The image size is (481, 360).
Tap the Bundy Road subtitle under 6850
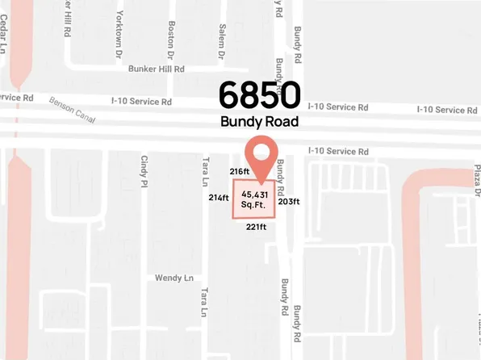[x=259, y=122]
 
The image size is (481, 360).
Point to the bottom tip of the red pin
[x=261, y=180]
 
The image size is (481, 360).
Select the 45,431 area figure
[x=255, y=195]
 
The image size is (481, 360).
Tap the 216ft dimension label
[x=240, y=171]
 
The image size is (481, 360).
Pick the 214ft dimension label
[x=219, y=198]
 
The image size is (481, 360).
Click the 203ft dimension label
[x=289, y=202]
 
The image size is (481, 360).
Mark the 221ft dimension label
[x=256, y=228]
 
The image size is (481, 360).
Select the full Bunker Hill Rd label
[x=151, y=69]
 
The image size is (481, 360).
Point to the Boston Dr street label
[x=171, y=40]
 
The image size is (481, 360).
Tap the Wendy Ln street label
[x=174, y=278]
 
